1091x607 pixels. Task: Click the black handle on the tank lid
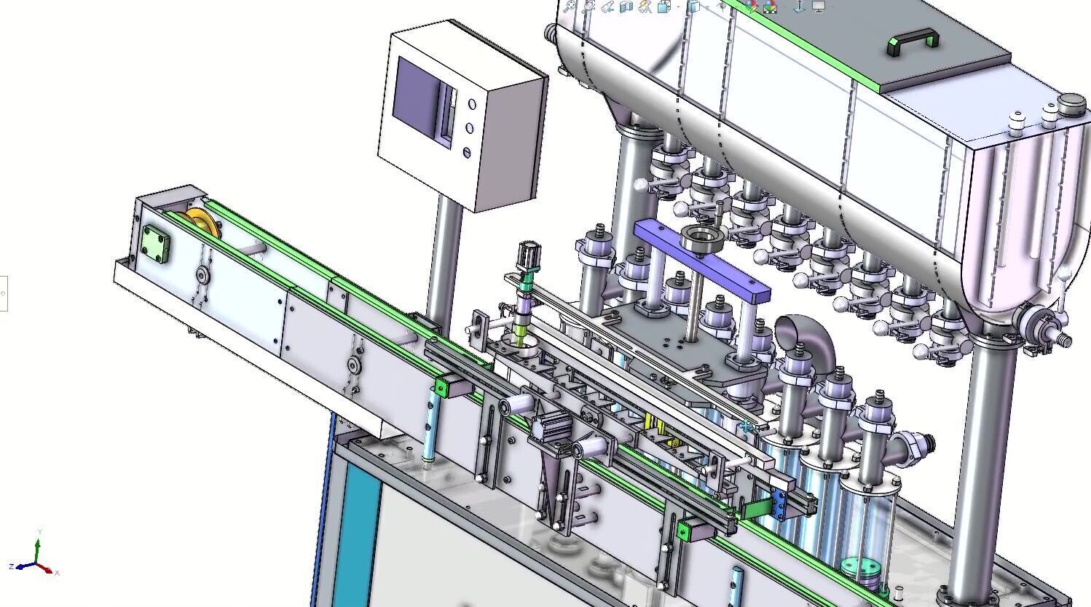tap(912, 41)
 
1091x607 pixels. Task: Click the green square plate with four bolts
tap(156, 243)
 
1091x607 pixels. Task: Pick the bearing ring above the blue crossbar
tap(700, 237)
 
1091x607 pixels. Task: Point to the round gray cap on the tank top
tap(1071, 105)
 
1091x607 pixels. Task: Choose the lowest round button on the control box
tap(466, 153)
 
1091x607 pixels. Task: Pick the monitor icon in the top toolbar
tap(819, 7)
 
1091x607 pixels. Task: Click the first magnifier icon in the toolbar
tap(570, 7)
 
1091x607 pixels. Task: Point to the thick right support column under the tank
tap(980, 459)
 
